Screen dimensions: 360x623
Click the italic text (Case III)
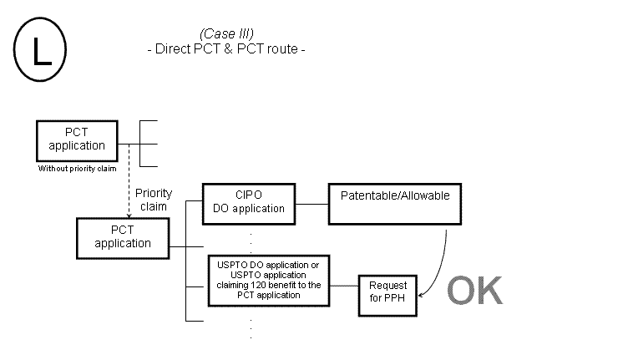tap(226, 33)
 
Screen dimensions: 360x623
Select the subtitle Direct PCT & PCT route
tap(226, 48)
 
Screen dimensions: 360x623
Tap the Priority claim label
tap(154, 200)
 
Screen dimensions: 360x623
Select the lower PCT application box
tap(123, 237)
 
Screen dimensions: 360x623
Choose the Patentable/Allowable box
tap(396, 203)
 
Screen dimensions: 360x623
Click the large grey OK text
tap(474, 291)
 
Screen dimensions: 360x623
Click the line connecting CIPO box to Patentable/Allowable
tap(311, 203)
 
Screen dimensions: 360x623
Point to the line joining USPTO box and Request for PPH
tap(344, 286)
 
